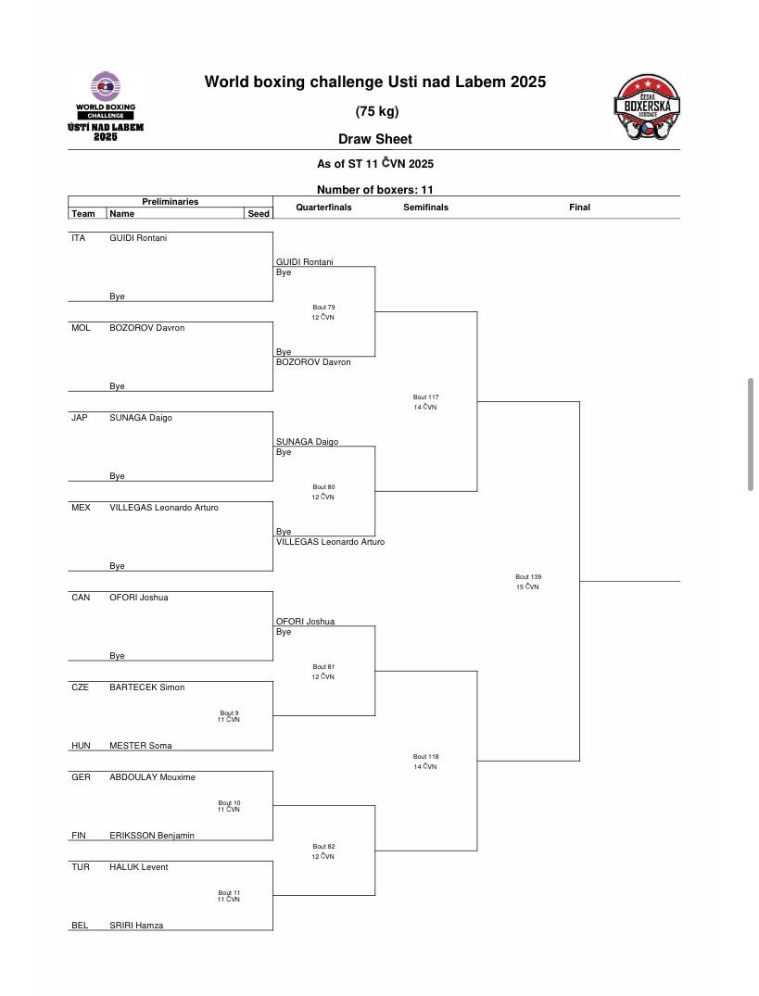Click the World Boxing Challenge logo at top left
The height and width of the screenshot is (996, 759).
point(105,107)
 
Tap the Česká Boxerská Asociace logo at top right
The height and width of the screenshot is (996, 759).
point(647,108)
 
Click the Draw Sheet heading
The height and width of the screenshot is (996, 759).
point(375,139)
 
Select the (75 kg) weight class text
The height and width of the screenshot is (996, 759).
point(375,111)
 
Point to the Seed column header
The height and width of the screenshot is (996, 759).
point(259,213)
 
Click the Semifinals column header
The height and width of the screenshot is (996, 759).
point(425,208)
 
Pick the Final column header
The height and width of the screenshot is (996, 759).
point(579,208)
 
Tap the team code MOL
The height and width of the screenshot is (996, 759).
point(81,328)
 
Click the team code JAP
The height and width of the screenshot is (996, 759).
point(81,418)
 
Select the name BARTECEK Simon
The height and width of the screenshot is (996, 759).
point(146,687)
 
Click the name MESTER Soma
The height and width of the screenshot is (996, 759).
point(140,746)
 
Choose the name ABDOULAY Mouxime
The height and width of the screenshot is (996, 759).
point(152,777)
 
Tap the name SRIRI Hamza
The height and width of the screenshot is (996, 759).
point(136,926)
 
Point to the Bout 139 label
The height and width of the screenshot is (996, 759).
point(528,577)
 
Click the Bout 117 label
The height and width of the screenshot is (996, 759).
point(425,397)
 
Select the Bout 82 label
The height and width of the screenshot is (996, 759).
point(323,847)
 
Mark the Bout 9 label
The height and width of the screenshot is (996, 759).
point(229,712)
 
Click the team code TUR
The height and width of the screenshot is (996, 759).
point(81,867)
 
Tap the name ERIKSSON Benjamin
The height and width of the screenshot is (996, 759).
point(152,836)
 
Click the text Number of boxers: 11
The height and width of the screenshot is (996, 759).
point(375,189)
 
